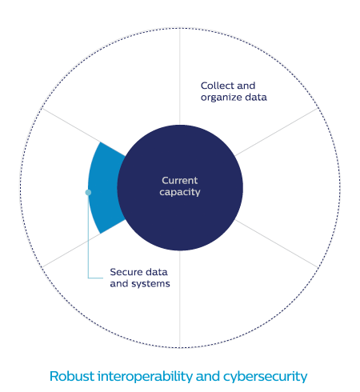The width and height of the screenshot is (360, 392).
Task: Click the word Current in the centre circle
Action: point(179,181)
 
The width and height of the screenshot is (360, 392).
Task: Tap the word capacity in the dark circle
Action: point(180,192)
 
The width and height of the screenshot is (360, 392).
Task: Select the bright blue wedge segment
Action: point(106,187)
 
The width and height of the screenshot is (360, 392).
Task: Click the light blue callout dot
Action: point(88,192)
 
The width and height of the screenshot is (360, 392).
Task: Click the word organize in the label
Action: point(222,98)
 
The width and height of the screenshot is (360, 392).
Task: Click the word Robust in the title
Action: point(72,376)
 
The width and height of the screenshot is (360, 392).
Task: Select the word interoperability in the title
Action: point(145,377)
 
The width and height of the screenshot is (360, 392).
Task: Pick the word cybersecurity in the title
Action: point(266,378)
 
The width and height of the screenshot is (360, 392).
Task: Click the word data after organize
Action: point(256,98)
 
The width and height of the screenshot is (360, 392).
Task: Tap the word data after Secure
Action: point(157,272)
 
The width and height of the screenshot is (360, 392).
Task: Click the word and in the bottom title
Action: point(208,376)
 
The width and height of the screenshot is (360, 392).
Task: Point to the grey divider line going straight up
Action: point(180,76)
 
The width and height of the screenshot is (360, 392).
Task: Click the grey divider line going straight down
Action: point(180,299)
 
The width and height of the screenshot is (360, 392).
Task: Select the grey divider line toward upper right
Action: point(277,132)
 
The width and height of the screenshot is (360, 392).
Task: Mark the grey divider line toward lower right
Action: point(277,243)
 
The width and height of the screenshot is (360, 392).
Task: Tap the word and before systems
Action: point(119,284)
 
